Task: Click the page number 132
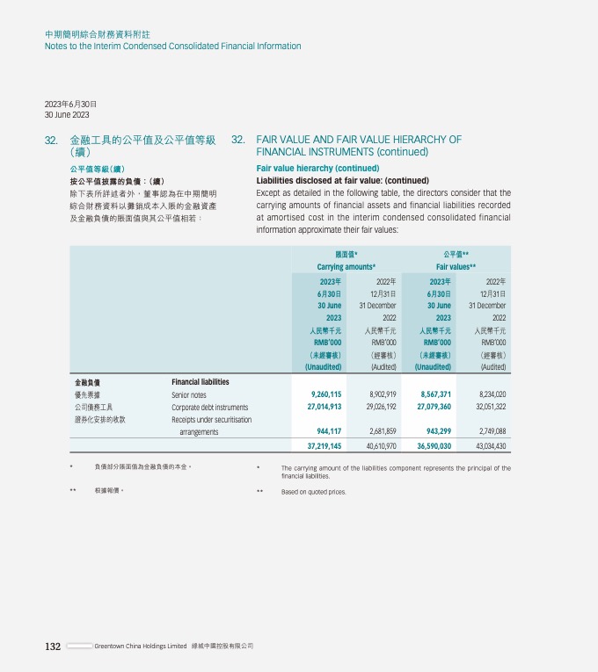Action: coord(53,647)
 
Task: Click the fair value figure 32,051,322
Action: coord(488,408)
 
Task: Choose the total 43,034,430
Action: coord(488,446)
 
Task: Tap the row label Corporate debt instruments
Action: coord(210,408)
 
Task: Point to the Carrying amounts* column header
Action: coord(346,266)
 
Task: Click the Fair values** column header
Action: coord(456,266)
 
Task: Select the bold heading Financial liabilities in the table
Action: coord(200,382)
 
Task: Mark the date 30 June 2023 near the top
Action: coord(67,115)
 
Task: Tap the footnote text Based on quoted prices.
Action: coord(313,492)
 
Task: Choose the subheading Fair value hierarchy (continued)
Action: coord(317,168)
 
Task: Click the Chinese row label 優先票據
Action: coord(86,395)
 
